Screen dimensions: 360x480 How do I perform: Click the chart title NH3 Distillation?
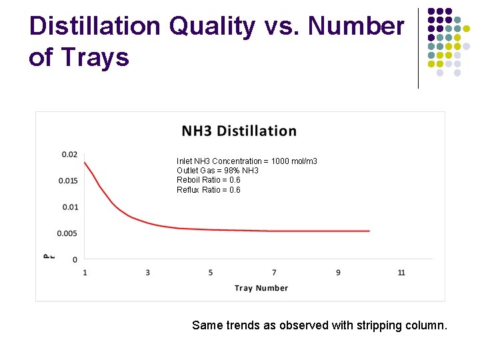(239, 131)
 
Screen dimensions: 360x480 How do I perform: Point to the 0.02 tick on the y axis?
(69, 155)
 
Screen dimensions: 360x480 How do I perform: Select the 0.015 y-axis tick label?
(67, 181)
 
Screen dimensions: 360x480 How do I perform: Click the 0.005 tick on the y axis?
(67, 233)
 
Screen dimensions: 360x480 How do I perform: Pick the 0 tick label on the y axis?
(75, 259)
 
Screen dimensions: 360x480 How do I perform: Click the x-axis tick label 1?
(85, 272)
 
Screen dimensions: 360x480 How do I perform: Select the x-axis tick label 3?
(147, 272)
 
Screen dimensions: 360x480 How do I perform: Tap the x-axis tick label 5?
(211, 272)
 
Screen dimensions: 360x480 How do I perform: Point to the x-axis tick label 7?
(274, 272)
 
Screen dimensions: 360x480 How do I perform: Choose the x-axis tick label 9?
(338, 272)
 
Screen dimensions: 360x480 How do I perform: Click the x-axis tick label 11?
(401, 272)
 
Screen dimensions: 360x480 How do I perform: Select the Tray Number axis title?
(261, 288)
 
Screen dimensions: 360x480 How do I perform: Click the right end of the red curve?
(369, 231)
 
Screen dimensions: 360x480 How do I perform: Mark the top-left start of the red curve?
(85, 162)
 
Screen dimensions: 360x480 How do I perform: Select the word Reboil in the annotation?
(188, 180)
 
